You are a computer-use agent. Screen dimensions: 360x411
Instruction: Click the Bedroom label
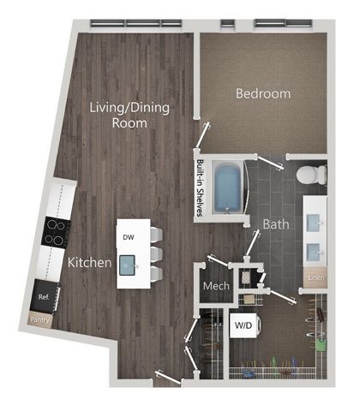point(263,93)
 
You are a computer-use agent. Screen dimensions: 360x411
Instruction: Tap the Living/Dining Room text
point(129,115)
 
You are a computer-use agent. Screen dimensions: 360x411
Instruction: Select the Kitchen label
point(89,262)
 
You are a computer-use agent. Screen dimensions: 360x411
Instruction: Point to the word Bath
point(276,224)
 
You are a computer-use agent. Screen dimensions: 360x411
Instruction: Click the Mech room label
point(216,286)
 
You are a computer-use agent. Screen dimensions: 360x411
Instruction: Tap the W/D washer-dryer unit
point(245,325)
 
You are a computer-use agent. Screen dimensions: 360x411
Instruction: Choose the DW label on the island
point(129,237)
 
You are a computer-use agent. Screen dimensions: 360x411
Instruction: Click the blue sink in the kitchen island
point(128,265)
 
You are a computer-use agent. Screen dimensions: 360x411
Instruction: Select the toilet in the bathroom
point(311,175)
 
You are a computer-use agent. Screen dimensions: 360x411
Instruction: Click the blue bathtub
point(228,188)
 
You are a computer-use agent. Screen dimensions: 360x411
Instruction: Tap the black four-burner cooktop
point(57,231)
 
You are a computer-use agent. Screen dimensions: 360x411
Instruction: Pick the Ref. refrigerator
point(45,297)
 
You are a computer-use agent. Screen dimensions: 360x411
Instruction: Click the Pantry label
point(39,319)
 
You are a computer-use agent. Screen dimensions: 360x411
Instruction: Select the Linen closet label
point(315,277)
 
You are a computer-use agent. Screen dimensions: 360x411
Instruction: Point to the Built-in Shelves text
point(200,188)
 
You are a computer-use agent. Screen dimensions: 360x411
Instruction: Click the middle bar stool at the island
point(156,254)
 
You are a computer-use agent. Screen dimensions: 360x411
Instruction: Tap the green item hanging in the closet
point(321,345)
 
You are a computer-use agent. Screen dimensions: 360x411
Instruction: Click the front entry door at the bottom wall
point(168,377)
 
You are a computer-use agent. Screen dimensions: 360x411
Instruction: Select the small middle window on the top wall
point(228,24)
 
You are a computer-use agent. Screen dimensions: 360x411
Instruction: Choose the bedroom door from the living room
point(203,135)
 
